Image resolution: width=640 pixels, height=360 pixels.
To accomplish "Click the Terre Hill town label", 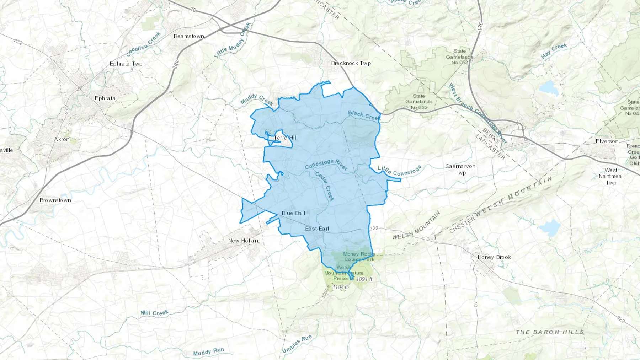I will pos(286,138).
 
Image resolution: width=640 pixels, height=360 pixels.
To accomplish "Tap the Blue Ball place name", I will pos(293,213).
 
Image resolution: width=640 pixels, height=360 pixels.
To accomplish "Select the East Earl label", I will pos(317,229).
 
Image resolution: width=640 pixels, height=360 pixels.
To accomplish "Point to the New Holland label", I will pos(244,241).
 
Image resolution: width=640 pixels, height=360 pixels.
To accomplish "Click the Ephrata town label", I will pos(105,98).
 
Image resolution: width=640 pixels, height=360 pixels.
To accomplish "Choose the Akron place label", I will pos(62,139).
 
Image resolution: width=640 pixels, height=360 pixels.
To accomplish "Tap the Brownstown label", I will pos(55,200).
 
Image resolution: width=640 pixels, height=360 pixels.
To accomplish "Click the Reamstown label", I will pos(189,36).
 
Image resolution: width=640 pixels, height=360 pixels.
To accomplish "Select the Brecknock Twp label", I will pos(351,63).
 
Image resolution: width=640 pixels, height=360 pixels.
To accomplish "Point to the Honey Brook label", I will pos(494,257).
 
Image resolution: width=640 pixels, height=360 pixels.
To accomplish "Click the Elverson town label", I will pos(607,141).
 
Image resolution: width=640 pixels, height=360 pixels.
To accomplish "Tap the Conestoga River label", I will pos(326,165).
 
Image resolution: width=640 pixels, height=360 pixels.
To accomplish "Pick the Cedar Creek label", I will pos(325,186).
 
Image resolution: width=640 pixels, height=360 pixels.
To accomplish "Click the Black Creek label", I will pos(364,115).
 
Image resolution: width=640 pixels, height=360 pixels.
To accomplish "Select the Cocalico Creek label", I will pos(144,44).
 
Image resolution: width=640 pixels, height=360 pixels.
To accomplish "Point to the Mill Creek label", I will pos(154,313).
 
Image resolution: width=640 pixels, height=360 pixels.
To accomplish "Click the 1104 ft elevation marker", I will pos(340,287).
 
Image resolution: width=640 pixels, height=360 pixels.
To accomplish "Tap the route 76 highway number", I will pos(193,10).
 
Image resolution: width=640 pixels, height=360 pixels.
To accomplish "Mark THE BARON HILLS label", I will pos(550,332).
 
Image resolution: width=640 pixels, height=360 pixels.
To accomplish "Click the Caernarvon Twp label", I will pos(460,170).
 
